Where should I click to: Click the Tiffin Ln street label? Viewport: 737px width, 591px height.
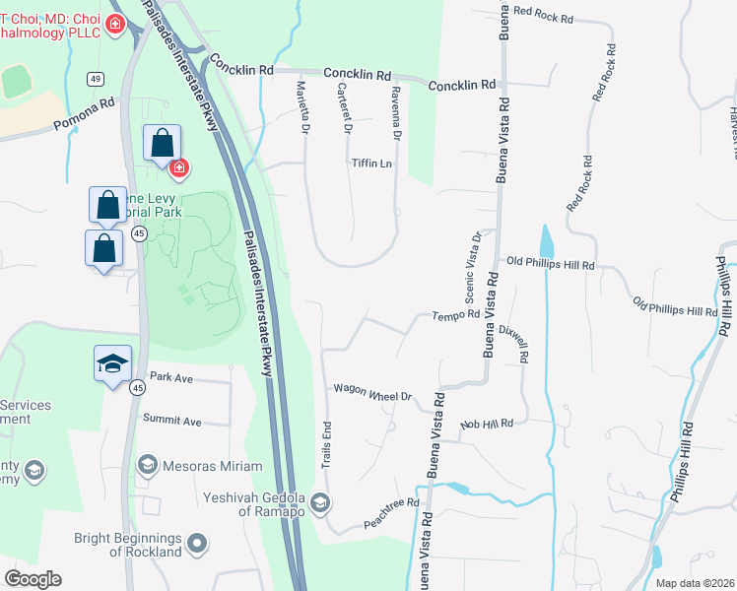[x=370, y=164]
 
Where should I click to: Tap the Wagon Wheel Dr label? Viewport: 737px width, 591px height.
[x=371, y=393]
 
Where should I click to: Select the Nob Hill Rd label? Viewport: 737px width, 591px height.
[x=487, y=424]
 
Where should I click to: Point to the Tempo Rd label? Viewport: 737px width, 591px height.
[x=455, y=315]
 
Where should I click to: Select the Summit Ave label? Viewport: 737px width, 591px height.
[x=171, y=421]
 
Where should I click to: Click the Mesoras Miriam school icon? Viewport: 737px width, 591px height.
[x=148, y=463]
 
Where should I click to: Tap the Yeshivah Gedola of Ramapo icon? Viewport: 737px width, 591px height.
[x=319, y=503]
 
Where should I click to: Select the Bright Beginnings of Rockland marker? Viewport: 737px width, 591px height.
[x=197, y=543]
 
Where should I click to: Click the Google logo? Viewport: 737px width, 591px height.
[x=33, y=579]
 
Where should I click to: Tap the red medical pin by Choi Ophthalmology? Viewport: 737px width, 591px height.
[x=115, y=23]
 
